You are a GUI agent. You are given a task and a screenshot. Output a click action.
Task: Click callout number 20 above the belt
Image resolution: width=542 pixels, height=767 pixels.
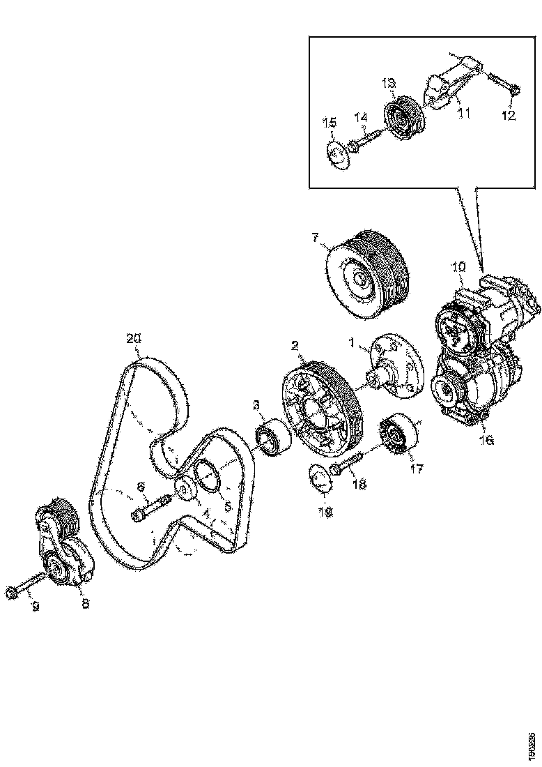(134, 338)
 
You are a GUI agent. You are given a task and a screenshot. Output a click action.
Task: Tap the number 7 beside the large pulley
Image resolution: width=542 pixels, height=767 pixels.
(316, 239)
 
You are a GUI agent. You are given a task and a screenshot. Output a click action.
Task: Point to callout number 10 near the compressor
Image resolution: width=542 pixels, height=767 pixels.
(460, 266)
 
